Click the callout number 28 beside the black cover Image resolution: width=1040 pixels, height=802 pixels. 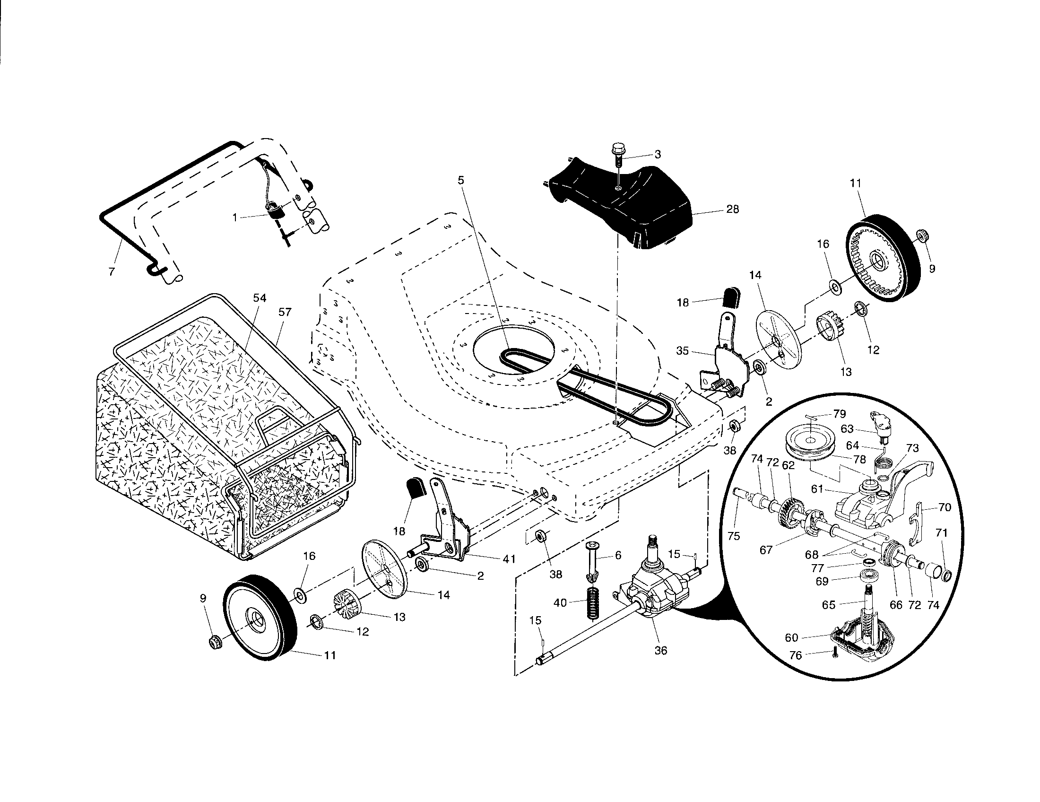pos(732,209)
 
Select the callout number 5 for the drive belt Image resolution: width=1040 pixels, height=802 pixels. pos(460,180)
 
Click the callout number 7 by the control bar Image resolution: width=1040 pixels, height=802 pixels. pos(112,272)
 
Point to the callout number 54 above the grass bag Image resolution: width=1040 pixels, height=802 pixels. pos(260,298)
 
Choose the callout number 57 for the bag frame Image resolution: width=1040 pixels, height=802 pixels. pos(285,312)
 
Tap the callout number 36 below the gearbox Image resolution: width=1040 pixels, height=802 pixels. pos(660,650)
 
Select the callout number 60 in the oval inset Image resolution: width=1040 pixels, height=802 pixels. pos(791,637)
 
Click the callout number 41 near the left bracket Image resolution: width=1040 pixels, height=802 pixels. pos(509,559)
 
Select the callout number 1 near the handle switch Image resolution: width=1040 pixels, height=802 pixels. pos(235,217)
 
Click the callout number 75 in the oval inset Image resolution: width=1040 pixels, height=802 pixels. pos(734,536)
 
